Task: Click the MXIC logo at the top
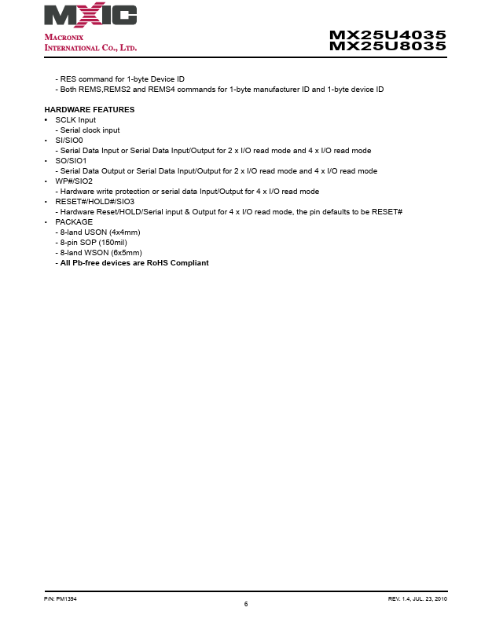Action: [90, 16]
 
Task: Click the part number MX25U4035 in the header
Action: [387, 35]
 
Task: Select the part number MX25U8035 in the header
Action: [387, 46]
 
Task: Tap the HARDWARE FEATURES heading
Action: [89, 109]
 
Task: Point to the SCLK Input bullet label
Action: [75, 119]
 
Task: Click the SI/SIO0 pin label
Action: [68, 140]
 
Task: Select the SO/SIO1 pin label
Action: [71, 160]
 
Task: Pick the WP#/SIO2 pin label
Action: [74, 181]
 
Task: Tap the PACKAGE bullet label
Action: [74, 221]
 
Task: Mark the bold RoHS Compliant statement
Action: [132, 262]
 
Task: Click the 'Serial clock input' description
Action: [88, 130]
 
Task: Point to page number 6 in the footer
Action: [246, 603]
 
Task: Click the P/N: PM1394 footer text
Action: [60, 598]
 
